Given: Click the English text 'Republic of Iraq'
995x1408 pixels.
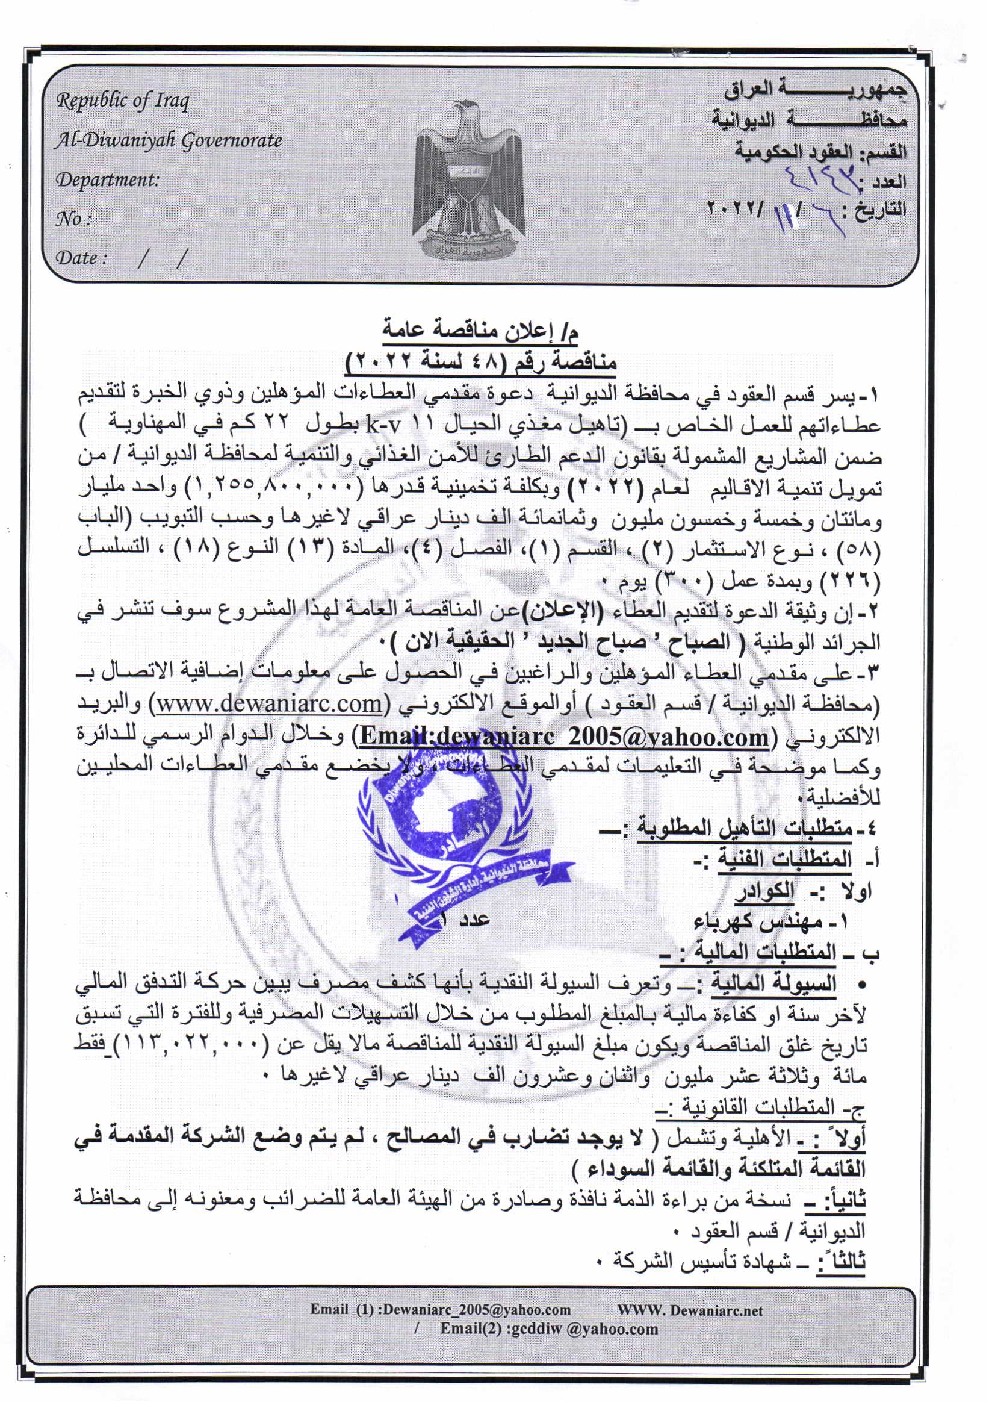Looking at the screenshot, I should [123, 100].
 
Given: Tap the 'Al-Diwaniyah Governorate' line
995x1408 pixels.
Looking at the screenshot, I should [168, 140].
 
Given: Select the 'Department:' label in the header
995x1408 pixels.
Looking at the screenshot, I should [107, 179].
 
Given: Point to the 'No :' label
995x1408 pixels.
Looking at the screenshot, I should [73, 219].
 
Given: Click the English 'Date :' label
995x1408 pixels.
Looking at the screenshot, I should [81, 258].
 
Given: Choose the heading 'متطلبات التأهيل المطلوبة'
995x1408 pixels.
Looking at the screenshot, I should [745, 829].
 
